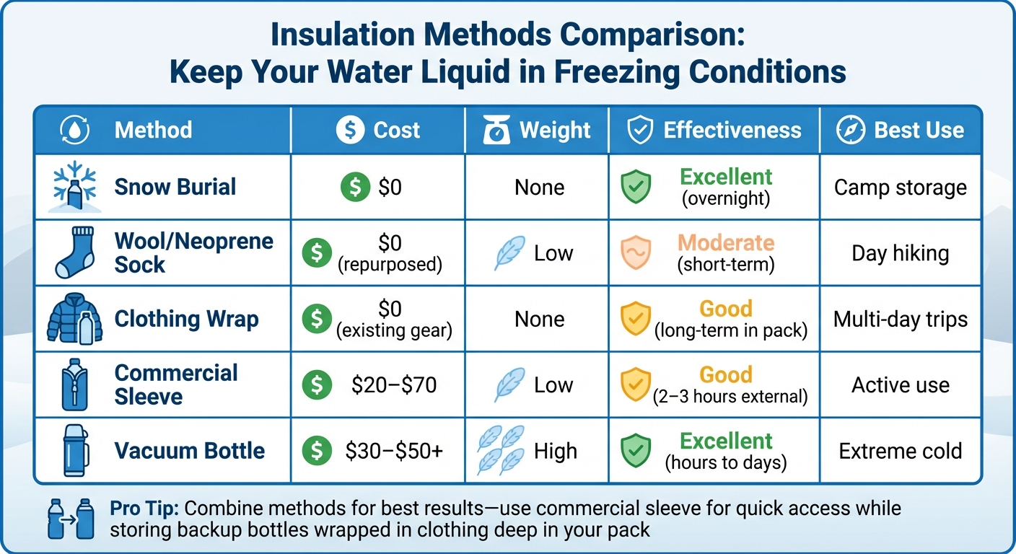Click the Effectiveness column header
pyautogui.click(x=732, y=130)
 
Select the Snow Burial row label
pyautogui.click(x=175, y=187)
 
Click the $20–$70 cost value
pyautogui.click(x=394, y=385)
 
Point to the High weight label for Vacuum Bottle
pyautogui.click(x=555, y=452)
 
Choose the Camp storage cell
pyautogui.click(x=900, y=188)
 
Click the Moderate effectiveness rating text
pyautogui.click(x=726, y=243)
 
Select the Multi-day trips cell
pyautogui.click(x=900, y=320)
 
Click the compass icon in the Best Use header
pyautogui.click(x=850, y=130)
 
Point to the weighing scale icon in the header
pyautogui.click(x=496, y=131)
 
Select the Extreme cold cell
pyautogui.click(x=900, y=452)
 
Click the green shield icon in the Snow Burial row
pyautogui.click(x=636, y=188)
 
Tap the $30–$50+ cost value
pyautogui.click(x=394, y=452)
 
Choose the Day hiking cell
pyautogui.click(x=900, y=253)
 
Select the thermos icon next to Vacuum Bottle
pyautogui.click(x=74, y=452)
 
